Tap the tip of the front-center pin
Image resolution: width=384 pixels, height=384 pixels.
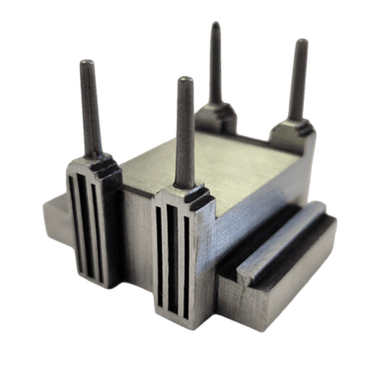pos(184,80)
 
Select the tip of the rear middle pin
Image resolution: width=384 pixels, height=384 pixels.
pos(215,26)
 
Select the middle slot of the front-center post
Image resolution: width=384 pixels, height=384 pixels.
pos(172,259)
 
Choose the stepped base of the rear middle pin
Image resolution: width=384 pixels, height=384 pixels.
pos(216,112)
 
